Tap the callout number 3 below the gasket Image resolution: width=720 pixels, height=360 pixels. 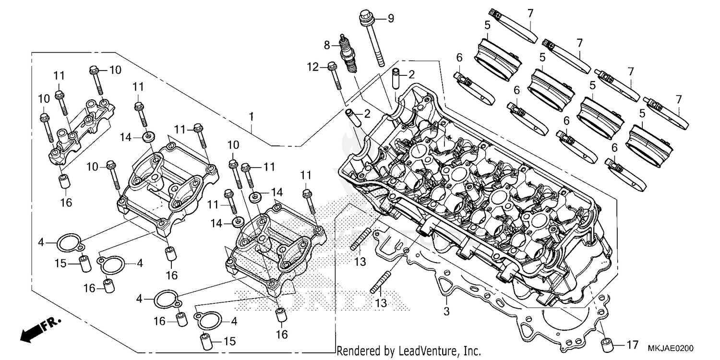pos(446,311)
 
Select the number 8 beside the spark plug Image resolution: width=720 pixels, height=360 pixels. pos(327,45)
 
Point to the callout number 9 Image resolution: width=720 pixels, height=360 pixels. pos(391,19)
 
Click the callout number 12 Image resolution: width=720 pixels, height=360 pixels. pos(313,67)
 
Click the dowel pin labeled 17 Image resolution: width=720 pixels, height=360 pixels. pos(608,344)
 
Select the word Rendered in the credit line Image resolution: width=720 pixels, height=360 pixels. pos(355,351)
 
